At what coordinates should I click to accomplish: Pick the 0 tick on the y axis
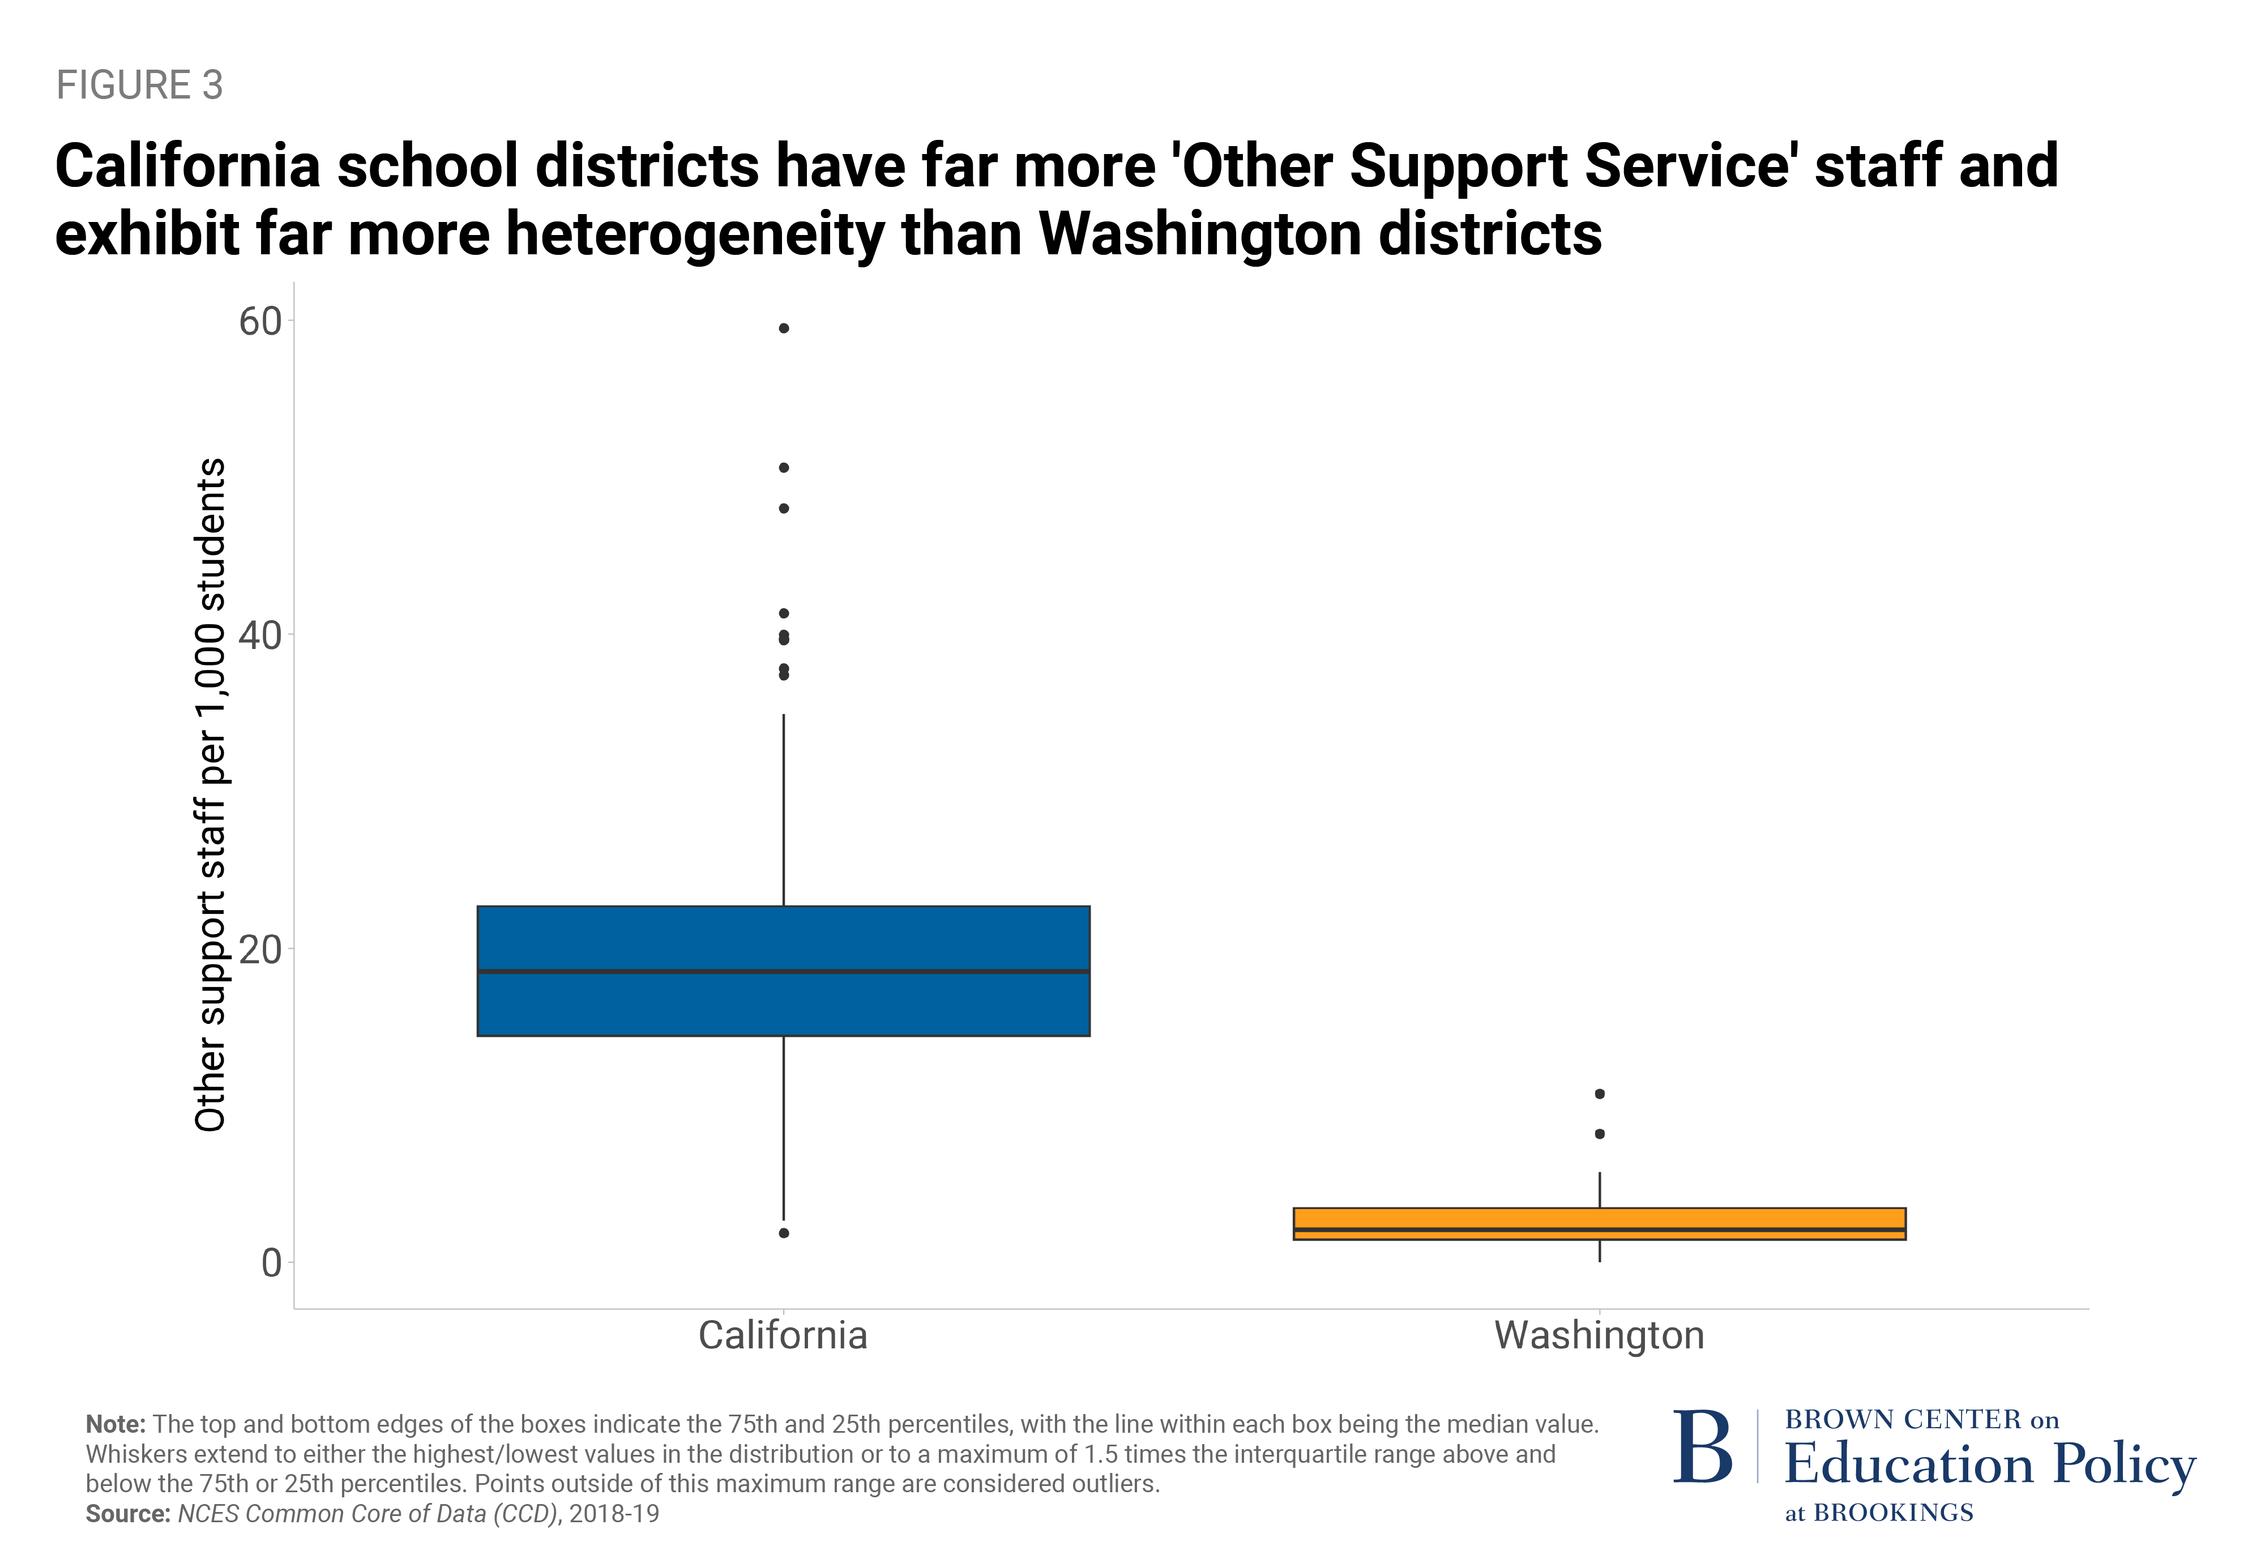pyautogui.click(x=271, y=1263)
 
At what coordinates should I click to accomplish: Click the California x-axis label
pyautogui.click(x=783, y=1336)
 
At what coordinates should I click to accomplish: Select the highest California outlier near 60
pyautogui.click(x=783, y=328)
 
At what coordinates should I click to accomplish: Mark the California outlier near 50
pyautogui.click(x=783, y=468)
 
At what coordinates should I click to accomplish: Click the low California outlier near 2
pyautogui.click(x=783, y=1233)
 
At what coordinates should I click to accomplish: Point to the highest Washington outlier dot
pyautogui.click(x=1599, y=1094)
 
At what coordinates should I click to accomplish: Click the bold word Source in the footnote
pyautogui.click(x=127, y=1514)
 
